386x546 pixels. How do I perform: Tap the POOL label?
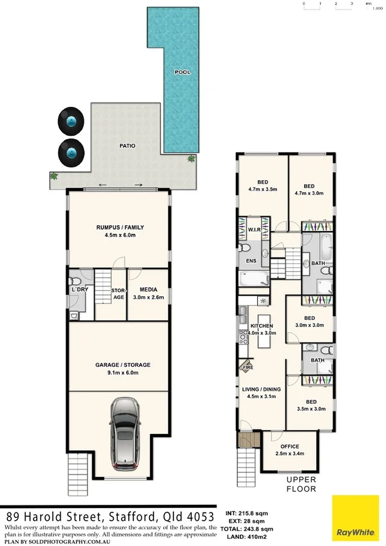[183, 73]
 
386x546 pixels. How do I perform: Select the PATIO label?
[128, 146]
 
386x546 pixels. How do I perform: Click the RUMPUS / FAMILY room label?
[120, 227]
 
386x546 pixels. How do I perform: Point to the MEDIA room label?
[148, 290]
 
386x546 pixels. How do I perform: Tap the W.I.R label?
[253, 229]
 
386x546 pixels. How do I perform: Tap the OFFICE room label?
[289, 446]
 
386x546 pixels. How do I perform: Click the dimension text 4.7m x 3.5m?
[262, 190]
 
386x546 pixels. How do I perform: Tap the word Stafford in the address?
[122, 517]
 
